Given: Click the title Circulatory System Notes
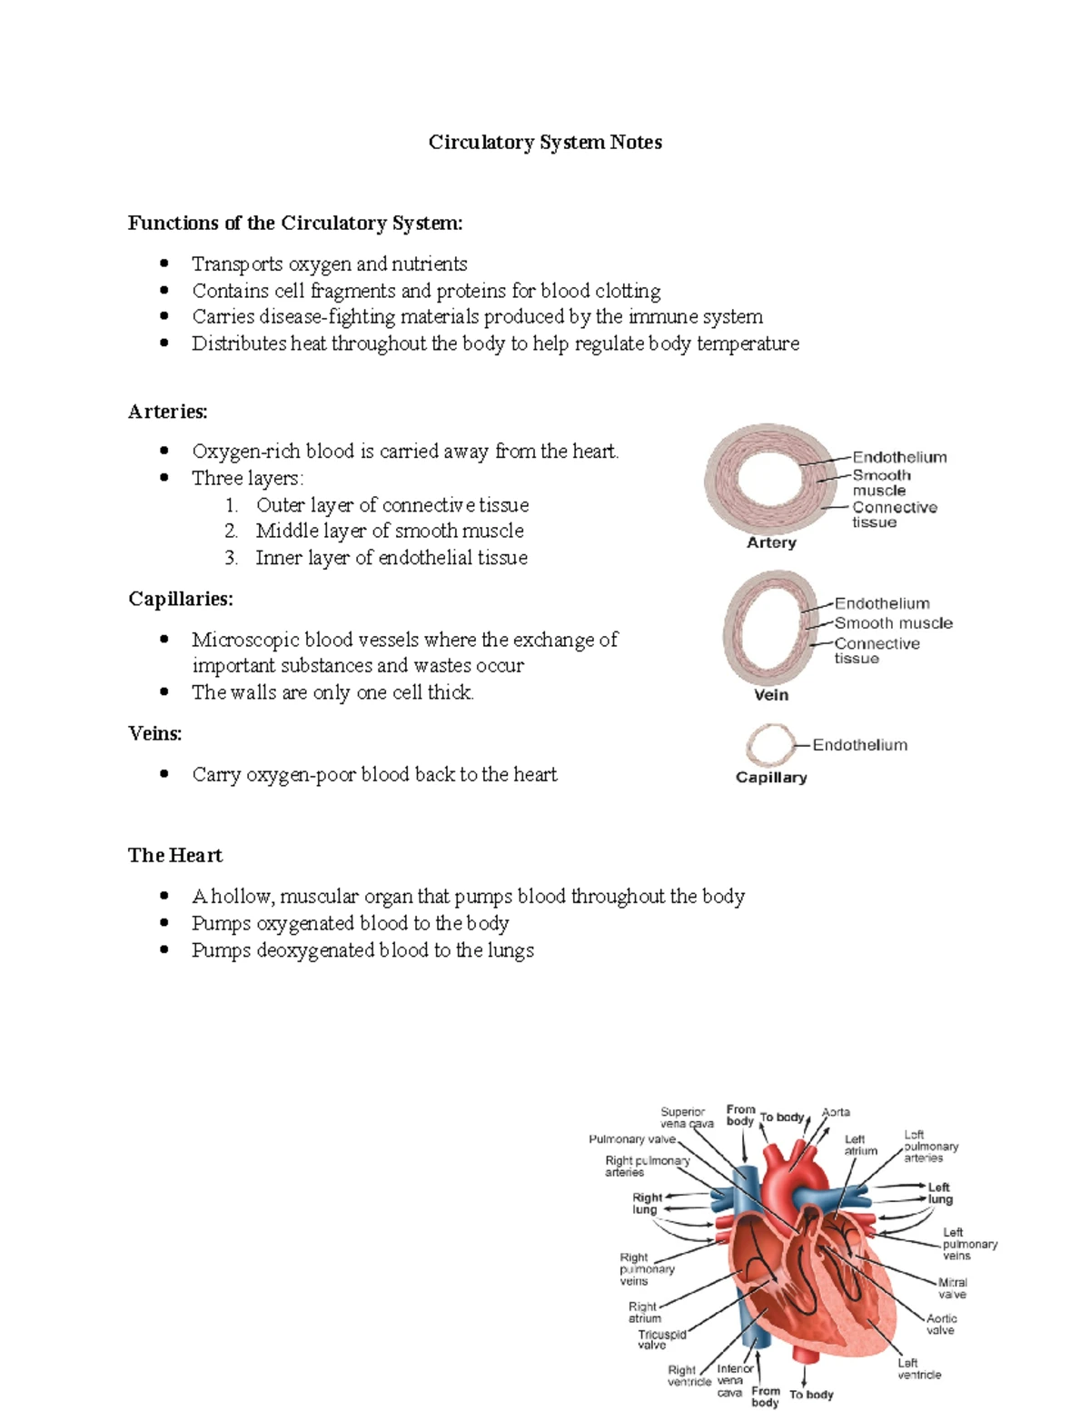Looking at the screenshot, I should pyautogui.click(x=545, y=143).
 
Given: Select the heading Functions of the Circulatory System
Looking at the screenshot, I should pyautogui.click(x=295, y=224).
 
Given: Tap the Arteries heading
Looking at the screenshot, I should pyautogui.click(x=167, y=412).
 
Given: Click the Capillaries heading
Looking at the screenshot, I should pyautogui.click(x=180, y=599).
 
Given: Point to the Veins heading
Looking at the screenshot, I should pyautogui.click(x=154, y=733).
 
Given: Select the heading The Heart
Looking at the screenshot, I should pyautogui.click(x=174, y=855).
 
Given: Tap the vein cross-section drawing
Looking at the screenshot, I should pyautogui.click(x=767, y=628).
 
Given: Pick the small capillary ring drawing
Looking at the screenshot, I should pyautogui.click(x=770, y=745).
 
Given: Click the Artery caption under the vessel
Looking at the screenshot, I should pyautogui.click(x=771, y=542).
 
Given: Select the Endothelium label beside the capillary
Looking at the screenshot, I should pyautogui.click(x=859, y=745).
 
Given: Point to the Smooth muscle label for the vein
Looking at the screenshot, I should pyautogui.click(x=893, y=623).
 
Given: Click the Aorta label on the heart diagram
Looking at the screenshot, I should pyautogui.click(x=836, y=1112).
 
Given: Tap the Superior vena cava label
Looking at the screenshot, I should pyautogui.click(x=686, y=1118).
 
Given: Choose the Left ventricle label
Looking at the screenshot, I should pyautogui.click(x=918, y=1368).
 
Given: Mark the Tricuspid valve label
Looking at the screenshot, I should pyautogui.click(x=661, y=1339).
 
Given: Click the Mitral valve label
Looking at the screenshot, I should pyautogui.click(x=952, y=1288).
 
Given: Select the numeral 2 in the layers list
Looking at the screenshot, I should pyautogui.click(x=231, y=532).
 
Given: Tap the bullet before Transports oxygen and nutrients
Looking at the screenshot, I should pyautogui.click(x=164, y=263).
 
